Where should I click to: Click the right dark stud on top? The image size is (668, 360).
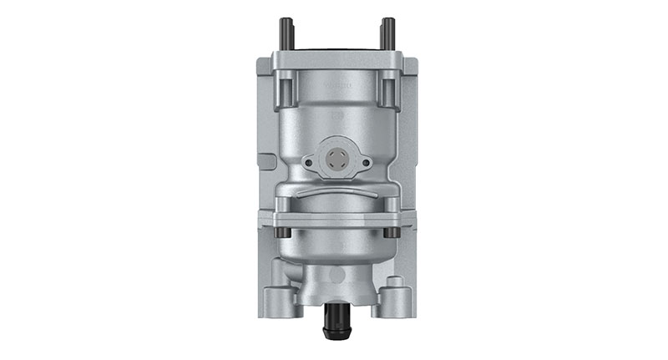387,33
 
